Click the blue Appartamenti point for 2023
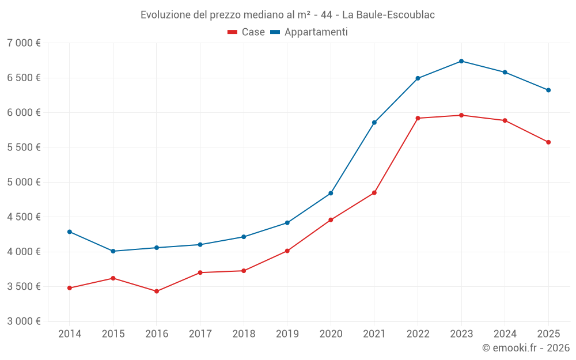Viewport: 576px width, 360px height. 461,61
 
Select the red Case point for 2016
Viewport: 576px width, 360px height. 157,291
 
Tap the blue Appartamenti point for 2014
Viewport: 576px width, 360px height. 70,232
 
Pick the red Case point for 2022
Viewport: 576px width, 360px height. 418,118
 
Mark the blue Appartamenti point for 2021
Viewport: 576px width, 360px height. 374,123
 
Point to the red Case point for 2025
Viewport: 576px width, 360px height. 548,142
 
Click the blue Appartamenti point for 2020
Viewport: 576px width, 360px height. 331,193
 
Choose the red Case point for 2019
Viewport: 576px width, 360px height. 287,251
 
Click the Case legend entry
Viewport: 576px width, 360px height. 247,32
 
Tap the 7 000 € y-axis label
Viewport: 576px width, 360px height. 24,43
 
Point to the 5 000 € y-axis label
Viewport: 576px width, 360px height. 24,182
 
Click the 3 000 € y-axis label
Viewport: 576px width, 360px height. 24,321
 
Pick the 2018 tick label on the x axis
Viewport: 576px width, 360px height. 244,334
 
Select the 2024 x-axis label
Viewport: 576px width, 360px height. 505,334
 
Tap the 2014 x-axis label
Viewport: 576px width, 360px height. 70,334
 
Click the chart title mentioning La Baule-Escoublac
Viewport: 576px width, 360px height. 287,14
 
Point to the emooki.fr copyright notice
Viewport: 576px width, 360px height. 526,348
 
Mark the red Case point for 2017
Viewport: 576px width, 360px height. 200,272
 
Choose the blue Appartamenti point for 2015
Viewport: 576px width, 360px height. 113,251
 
